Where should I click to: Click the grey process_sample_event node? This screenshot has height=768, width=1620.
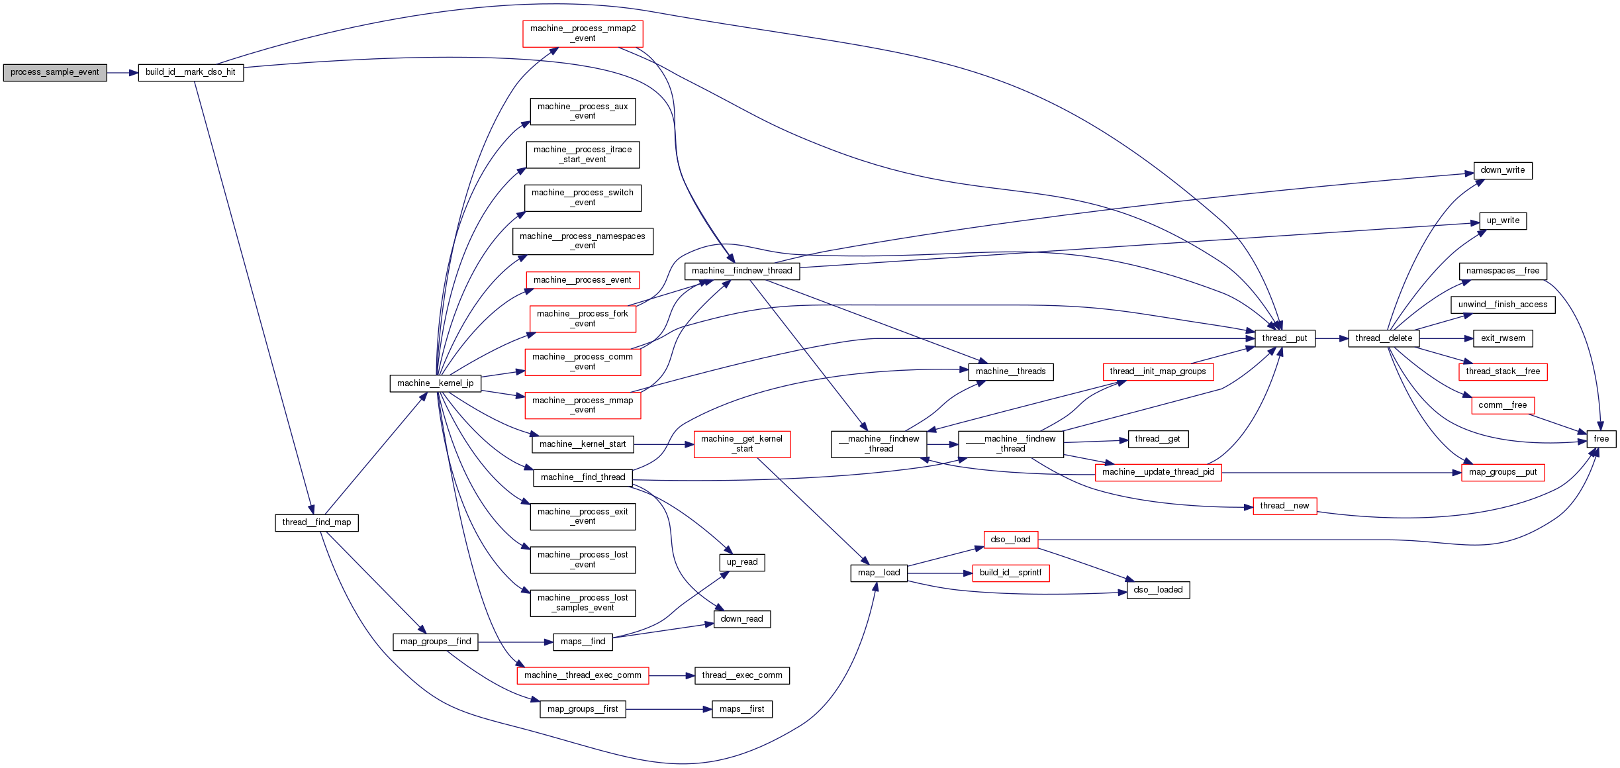55,73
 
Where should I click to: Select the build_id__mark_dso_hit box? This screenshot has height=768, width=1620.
191,73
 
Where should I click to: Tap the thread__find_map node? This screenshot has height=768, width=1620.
316,522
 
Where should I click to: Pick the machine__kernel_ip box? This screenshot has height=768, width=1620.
435,383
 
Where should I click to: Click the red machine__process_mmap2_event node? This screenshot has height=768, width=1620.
583,34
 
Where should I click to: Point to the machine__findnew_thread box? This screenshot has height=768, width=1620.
741,271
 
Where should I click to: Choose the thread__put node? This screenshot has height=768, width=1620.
1284,338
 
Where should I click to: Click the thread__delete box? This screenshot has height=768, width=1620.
1384,338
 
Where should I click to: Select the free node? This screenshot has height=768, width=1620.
1601,439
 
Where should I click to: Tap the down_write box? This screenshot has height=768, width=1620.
1502,170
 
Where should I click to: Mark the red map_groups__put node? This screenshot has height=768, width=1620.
1502,473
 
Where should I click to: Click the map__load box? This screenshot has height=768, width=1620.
879,573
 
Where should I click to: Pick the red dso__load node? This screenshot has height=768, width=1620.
1010,540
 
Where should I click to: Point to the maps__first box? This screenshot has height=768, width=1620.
741,709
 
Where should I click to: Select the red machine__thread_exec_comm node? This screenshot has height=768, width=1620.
583,675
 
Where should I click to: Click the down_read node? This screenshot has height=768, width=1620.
741,619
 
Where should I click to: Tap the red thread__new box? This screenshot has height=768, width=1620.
1284,506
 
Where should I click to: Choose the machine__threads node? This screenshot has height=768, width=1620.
1010,371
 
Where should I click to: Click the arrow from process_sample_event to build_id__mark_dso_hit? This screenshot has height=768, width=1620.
122,73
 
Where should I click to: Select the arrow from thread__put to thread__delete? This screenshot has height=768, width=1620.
1331,338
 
